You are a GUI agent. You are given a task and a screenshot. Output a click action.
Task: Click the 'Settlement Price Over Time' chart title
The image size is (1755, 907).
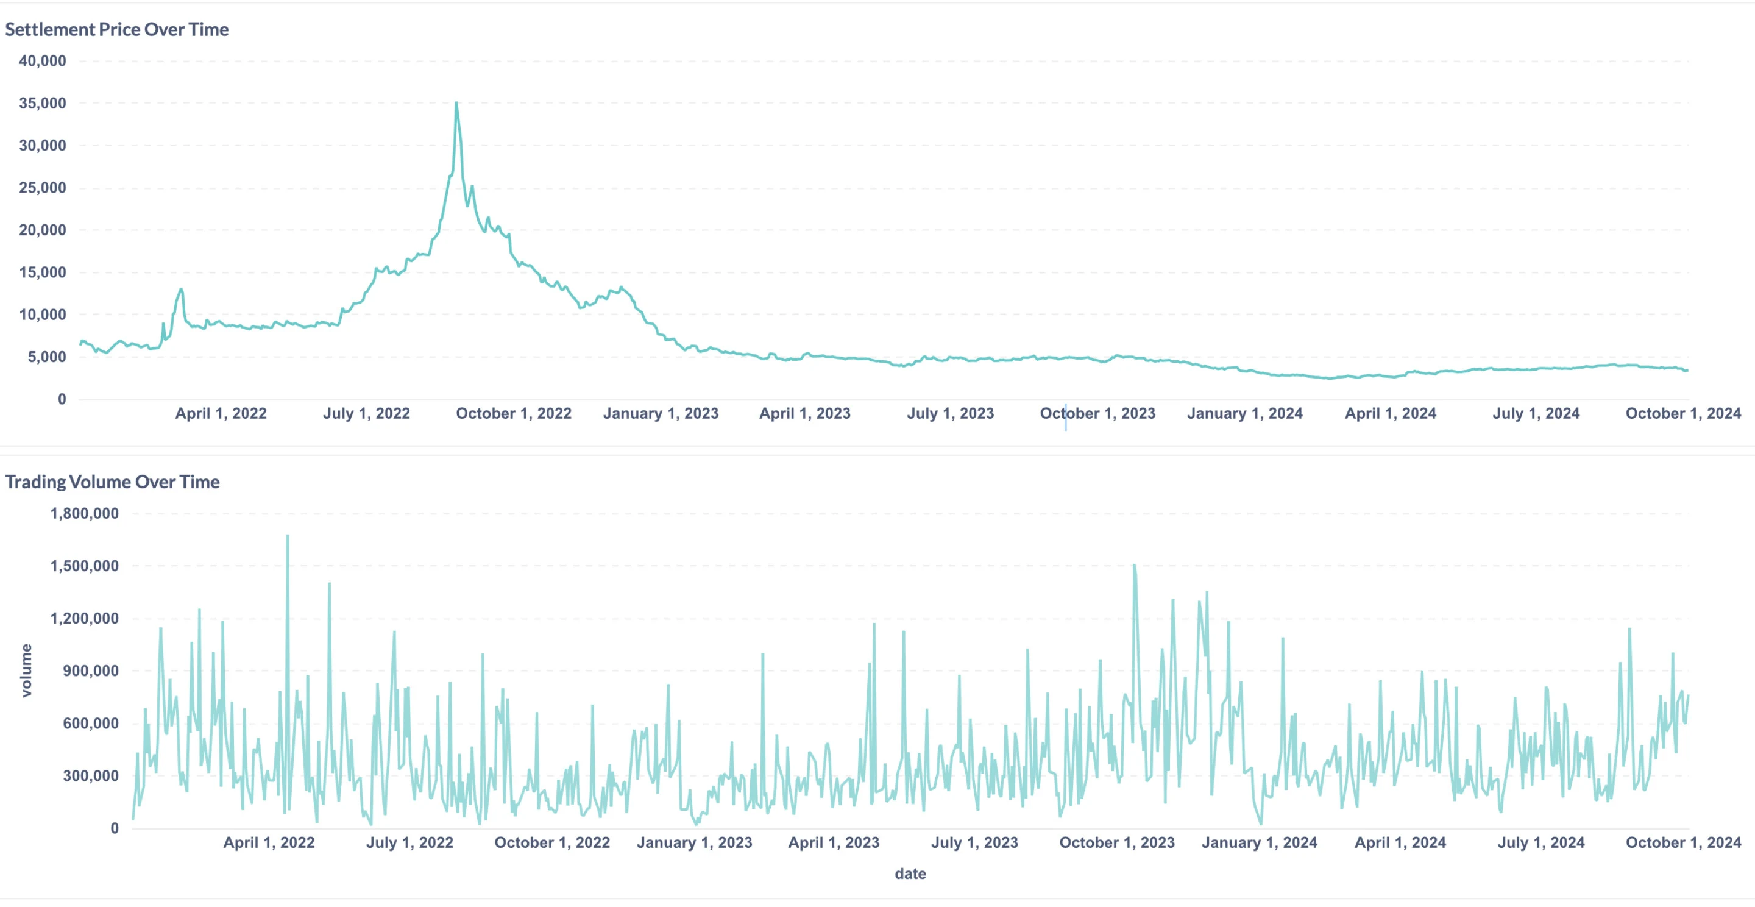tap(116, 29)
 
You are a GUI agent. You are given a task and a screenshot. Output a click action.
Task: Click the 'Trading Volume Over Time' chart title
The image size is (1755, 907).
tap(112, 482)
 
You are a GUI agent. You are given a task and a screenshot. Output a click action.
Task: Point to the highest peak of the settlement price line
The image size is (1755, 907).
tap(456, 104)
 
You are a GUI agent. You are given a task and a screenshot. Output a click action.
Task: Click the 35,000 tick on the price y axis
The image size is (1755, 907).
tap(42, 103)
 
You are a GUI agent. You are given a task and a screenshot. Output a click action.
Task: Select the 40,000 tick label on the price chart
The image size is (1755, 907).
tap(42, 60)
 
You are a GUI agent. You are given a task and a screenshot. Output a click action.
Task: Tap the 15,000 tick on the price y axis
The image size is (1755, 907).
tap(42, 272)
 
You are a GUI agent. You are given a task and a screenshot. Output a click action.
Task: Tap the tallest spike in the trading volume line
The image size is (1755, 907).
tap(288, 536)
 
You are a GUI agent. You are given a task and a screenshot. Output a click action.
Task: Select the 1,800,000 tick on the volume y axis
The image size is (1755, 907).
tap(85, 513)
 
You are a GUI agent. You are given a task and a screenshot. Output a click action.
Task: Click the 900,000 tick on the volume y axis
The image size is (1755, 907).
tap(91, 670)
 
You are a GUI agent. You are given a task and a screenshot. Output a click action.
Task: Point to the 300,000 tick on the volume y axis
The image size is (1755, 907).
tap(91, 775)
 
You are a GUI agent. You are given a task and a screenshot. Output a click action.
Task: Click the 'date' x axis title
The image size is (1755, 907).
tap(910, 873)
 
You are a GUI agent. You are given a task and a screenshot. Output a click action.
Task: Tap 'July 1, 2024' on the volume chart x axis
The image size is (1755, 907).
tap(1540, 842)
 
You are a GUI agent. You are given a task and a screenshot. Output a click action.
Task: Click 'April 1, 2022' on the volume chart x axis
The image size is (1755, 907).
tap(269, 842)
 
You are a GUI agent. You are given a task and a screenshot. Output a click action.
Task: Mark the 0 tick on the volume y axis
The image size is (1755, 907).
tap(115, 828)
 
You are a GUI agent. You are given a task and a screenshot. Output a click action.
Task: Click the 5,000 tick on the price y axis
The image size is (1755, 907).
tap(46, 357)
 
